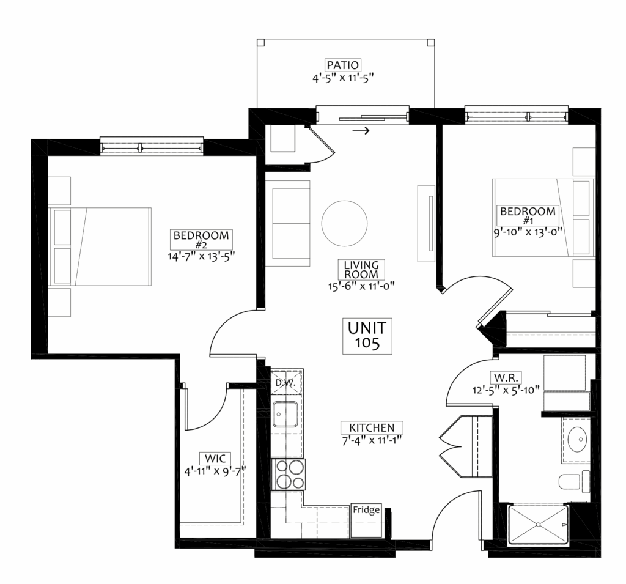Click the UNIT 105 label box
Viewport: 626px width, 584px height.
367,336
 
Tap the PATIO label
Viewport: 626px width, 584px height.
343,65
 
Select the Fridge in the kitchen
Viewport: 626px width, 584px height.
366,520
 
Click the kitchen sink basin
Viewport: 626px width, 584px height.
285,415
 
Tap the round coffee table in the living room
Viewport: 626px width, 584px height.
344,223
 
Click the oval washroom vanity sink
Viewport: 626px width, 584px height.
577,439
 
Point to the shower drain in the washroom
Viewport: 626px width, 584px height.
538,523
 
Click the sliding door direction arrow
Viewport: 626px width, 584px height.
361,131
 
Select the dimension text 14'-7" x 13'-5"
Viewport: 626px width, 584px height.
201,256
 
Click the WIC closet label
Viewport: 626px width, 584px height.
215,458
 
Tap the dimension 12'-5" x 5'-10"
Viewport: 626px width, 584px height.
506,390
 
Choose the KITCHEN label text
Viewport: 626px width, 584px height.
372,427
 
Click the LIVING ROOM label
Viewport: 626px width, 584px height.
361,270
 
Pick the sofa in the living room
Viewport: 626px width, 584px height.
289,223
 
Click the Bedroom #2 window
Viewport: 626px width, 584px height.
152,146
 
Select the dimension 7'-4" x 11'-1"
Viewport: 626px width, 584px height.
371,440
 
